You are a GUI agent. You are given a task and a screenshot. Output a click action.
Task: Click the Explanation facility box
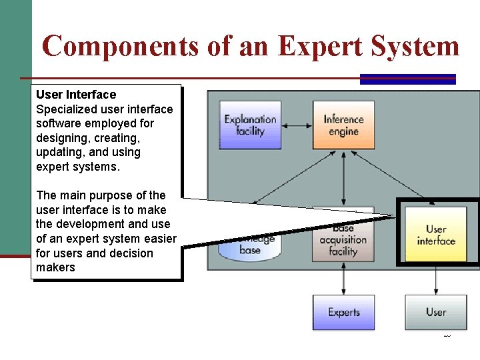(250, 125)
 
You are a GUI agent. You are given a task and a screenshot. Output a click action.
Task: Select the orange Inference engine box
(343, 125)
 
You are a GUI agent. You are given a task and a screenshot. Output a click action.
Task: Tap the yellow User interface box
(436, 235)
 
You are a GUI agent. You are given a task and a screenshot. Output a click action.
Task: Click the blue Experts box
(343, 312)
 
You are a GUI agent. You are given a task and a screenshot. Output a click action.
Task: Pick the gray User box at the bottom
(436, 312)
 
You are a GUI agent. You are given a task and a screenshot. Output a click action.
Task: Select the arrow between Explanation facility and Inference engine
(297, 125)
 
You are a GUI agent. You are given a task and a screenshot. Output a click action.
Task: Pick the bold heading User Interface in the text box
(76, 95)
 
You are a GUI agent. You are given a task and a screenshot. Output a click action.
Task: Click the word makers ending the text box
(55, 267)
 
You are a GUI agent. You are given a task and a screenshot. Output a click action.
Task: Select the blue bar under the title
(407, 79)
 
